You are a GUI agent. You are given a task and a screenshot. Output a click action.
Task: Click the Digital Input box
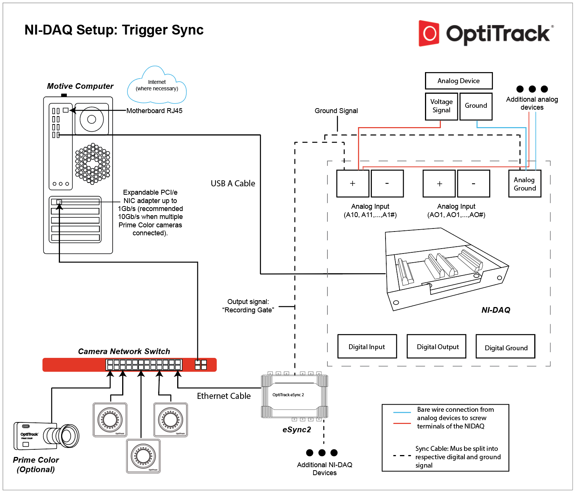pyautogui.click(x=367, y=347)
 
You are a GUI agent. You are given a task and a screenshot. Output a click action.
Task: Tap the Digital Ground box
pyautogui.click(x=505, y=347)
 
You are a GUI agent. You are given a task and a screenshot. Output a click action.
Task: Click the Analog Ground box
pyautogui.click(x=525, y=184)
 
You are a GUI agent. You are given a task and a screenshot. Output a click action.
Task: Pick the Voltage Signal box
pyautogui.click(x=441, y=106)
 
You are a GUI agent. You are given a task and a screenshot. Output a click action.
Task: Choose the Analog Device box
pyautogui.click(x=459, y=81)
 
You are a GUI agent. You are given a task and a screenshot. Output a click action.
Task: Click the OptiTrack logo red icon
pyautogui.click(x=429, y=33)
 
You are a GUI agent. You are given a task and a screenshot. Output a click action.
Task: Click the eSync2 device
pyautogui.click(x=294, y=396)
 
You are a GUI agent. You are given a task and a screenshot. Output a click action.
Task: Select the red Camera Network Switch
pyautogui.click(x=129, y=365)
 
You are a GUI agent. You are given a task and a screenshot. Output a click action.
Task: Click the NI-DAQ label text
pyautogui.click(x=496, y=310)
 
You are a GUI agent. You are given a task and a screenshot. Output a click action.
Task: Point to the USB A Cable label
pyautogui.click(x=233, y=184)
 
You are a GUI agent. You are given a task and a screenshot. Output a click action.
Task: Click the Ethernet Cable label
pyautogui.click(x=224, y=396)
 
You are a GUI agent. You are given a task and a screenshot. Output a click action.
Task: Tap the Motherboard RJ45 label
pyautogui.click(x=154, y=111)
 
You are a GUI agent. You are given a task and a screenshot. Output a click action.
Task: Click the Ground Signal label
pyautogui.click(x=336, y=111)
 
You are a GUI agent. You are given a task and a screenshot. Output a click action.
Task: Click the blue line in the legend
pyautogui.click(x=402, y=412)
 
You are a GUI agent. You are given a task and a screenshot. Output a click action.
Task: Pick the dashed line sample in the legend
pyautogui.click(x=402, y=455)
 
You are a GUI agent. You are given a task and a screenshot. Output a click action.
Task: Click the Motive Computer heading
pyautogui.click(x=80, y=86)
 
